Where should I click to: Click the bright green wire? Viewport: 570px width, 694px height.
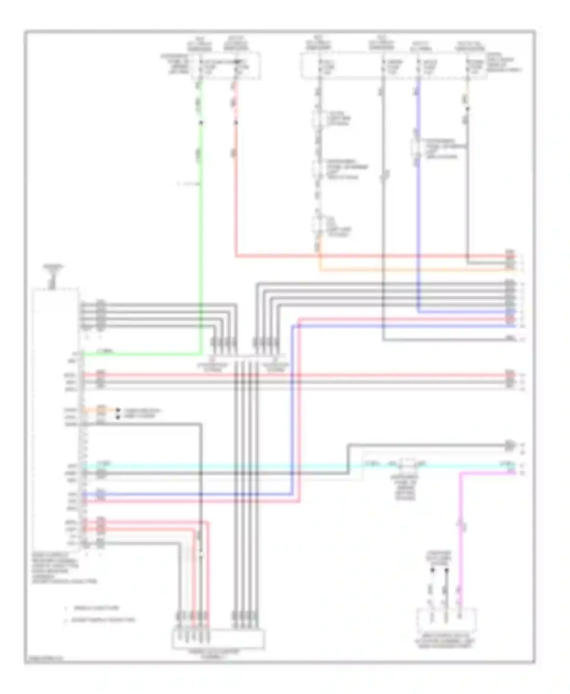point(200,228)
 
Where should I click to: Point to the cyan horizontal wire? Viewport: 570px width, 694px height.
point(228,465)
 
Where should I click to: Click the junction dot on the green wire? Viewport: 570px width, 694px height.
point(201,123)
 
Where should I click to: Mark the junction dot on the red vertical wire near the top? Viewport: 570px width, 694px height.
point(236,123)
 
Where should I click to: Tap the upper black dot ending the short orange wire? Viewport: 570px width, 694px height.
point(118,410)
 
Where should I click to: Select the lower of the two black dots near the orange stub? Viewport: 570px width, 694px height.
point(118,417)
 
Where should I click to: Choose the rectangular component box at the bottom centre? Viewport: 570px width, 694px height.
point(218,639)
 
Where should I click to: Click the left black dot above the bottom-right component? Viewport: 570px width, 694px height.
point(432,570)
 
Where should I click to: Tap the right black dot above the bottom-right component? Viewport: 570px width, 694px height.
point(447,570)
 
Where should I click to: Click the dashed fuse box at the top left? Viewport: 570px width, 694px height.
point(226,66)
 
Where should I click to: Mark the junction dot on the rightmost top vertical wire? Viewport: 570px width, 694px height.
point(468,109)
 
